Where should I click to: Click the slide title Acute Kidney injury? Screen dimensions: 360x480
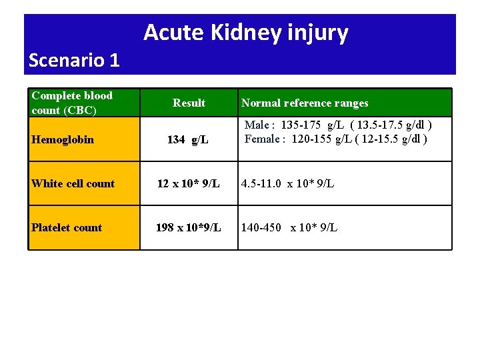pyautogui.click(x=245, y=32)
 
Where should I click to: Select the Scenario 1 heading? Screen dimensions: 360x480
pyautogui.click(x=74, y=61)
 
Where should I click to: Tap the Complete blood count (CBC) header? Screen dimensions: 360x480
pyautogui.click(x=72, y=103)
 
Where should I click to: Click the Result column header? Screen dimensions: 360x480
pyautogui.click(x=189, y=103)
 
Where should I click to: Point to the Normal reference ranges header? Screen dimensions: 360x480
pyautogui.click(x=305, y=103)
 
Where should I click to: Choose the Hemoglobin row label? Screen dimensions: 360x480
pyautogui.click(x=63, y=139)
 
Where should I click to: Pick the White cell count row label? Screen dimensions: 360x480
pyautogui.click(x=73, y=183)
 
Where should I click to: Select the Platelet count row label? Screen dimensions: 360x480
pyautogui.click(x=67, y=227)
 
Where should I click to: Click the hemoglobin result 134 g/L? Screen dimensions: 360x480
pyautogui.click(x=188, y=140)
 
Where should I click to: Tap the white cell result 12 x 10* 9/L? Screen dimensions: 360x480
pyautogui.click(x=188, y=183)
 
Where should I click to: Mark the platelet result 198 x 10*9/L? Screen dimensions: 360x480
pyautogui.click(x=188, y=227)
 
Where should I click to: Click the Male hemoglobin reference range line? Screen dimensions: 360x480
pyautogui.click(x=338, y=125)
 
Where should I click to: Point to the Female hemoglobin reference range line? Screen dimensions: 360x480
pyautogui.click(x=336, y=139)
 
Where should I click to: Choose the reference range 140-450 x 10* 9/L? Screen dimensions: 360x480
pyautogui.click(x=289, y=227)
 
